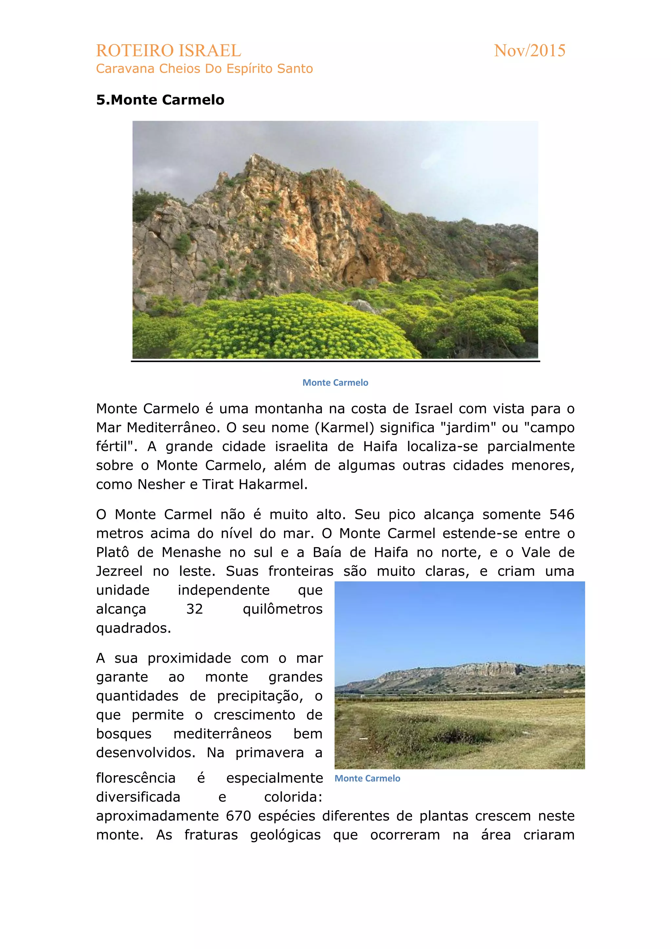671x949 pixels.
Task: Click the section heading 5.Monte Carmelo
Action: point(160,100)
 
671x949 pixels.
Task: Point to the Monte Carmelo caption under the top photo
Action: point(335,383)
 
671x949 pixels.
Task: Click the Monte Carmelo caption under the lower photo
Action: point(367,778)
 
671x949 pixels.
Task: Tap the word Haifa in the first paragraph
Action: point(380,446)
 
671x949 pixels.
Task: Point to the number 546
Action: point(562,514)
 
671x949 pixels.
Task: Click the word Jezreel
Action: point(119,571)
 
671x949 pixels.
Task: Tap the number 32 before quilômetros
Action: point(194,609)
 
